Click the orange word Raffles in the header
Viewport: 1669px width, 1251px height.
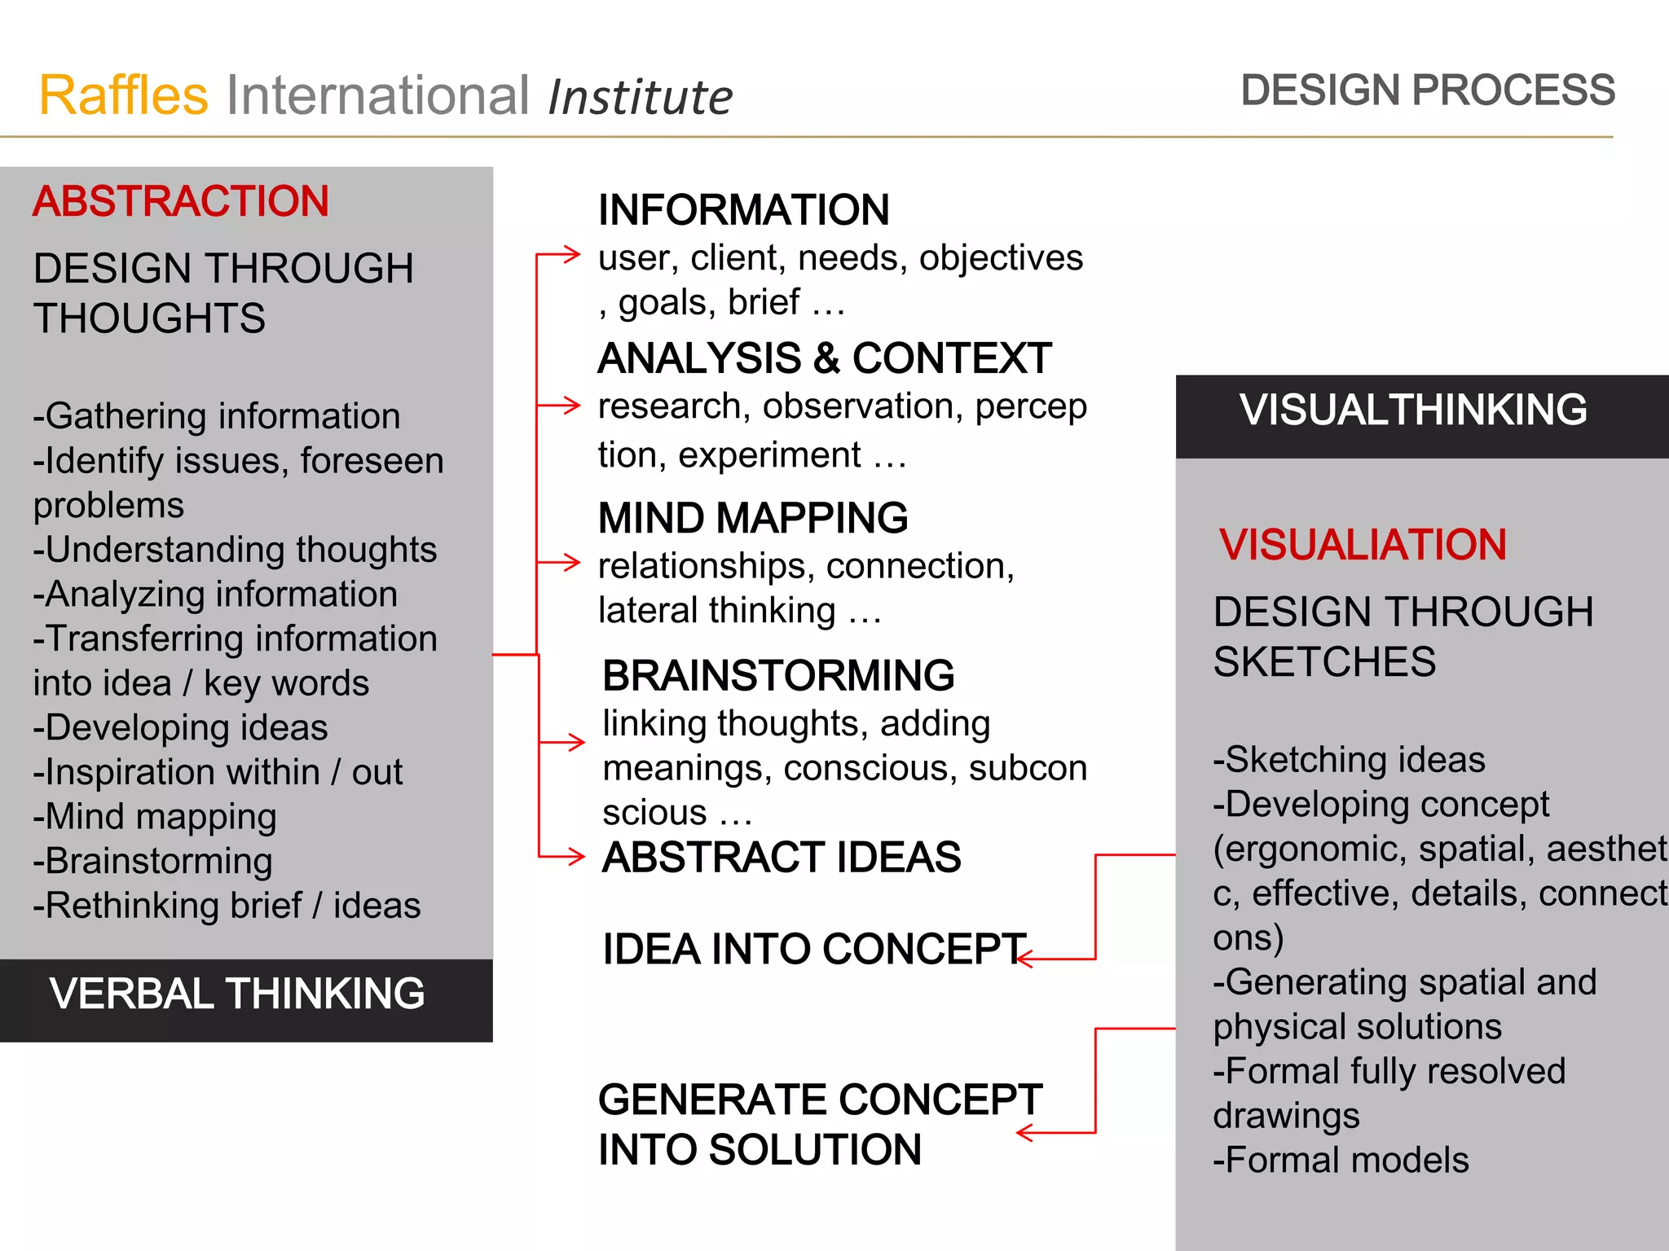coord(123,95)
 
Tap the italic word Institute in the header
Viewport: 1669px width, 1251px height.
coord(640,97)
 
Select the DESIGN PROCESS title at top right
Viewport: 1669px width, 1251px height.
coord(1427,90)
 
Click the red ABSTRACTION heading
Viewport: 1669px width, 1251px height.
coord(180,201)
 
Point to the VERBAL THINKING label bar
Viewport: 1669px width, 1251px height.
coord(236,994)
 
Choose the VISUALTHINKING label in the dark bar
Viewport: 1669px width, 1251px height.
coord(1413,410)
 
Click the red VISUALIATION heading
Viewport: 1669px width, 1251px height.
coord(1363,545)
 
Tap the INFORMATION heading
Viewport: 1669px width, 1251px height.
coord(743,210)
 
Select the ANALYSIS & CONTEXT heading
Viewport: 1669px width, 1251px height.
coord(824,358)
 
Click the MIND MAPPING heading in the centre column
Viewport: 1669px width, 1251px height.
coord(752,518)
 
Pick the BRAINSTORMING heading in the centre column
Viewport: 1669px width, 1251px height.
coord(778,675)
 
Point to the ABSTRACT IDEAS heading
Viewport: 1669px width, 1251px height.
coord(782,857)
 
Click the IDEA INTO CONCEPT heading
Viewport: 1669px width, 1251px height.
coord(813,949)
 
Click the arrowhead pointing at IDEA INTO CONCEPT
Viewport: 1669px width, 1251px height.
coord(1024,959)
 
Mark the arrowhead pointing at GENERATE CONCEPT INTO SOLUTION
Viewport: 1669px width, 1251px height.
coord(1024,1133)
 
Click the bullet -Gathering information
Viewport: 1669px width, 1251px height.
coord(217,416)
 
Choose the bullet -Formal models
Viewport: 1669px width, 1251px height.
coord(1341,1160)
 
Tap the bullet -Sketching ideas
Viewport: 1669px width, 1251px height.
coord(1349,759)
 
